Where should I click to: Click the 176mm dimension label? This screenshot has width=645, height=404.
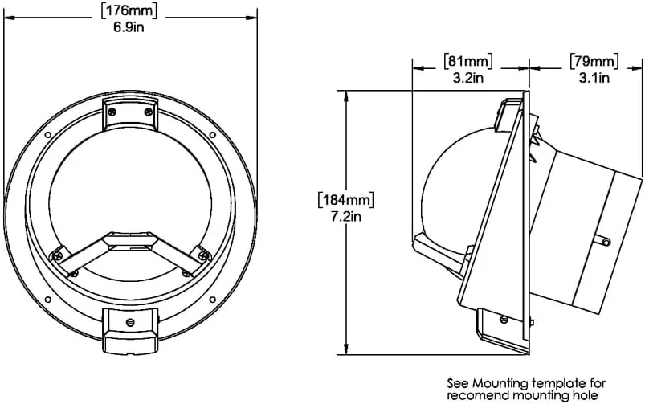tap(129, 11)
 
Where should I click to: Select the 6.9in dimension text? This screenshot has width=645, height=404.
tap(129, 28)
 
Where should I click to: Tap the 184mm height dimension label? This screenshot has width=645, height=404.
tap(346, 200)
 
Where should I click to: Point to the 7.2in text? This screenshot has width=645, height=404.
tap(346, 216)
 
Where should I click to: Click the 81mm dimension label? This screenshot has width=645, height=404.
tap(468, 61)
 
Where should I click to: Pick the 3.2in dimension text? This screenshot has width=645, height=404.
tap(468, 78)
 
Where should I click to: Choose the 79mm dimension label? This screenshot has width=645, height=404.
tap(594, 61)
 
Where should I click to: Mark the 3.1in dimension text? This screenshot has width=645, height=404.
tap(594, 78)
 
